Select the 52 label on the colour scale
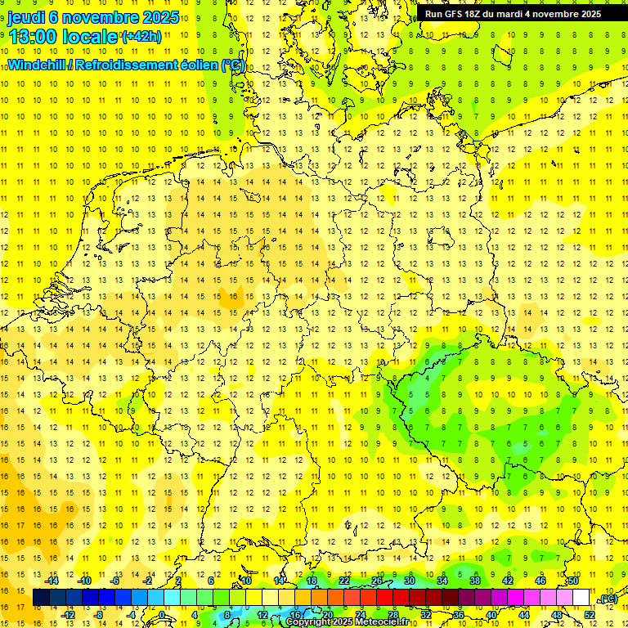click(x=589, y=615)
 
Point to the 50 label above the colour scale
click(x=572, y=581)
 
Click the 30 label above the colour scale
click(x=410, y=581)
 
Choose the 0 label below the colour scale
click(x=163, y=615)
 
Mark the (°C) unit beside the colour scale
click(x=608, y=599)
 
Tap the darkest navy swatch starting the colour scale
click(x=41, y=598)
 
